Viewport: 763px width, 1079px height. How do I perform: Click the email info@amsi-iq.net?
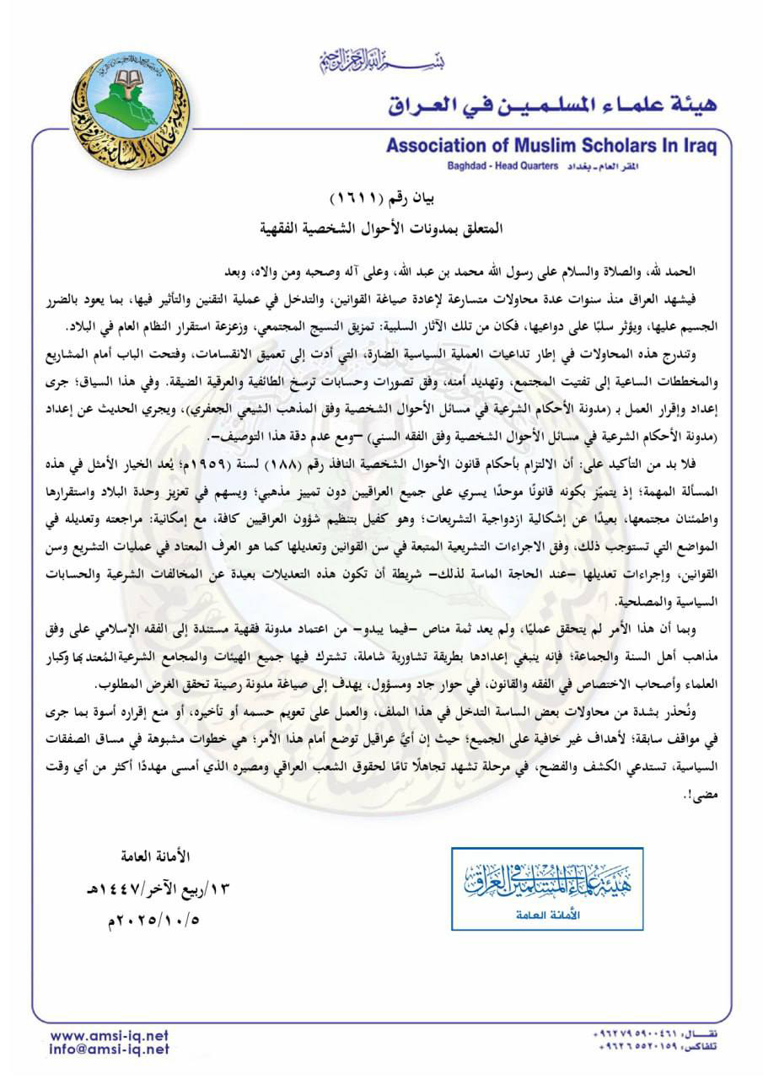(x=109, y=1049)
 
